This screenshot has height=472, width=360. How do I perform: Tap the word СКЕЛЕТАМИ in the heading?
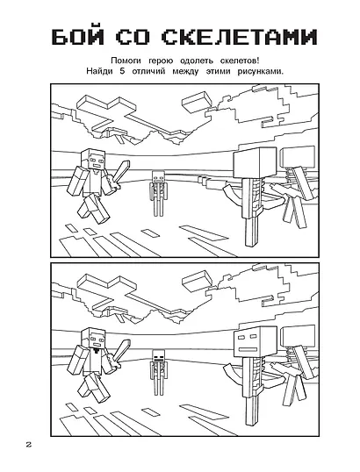click(240, 38)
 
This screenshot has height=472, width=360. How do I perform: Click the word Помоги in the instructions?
click(126, 61)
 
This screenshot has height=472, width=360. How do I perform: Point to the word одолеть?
click(197, 61)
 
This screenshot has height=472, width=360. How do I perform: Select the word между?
click(186, 72)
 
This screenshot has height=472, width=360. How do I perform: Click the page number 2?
click(29, 445)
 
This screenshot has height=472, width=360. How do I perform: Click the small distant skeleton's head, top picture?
click(158, 177)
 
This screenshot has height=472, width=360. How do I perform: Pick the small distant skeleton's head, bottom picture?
click(158, 355)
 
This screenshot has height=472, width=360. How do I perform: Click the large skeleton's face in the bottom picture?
click(250, 342)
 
